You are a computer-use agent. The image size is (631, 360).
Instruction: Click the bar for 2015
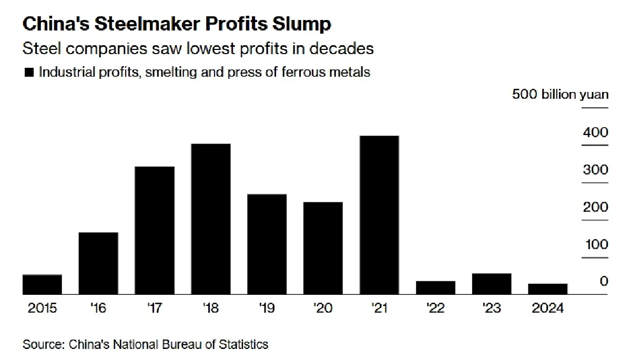tap(43, 284)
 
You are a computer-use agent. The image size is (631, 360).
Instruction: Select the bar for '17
tap(155, 231)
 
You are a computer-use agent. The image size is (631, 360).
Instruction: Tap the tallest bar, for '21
tap(379, 215)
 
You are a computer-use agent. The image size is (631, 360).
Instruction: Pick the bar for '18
tap(211, 219)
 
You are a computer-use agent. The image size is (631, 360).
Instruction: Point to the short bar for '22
tap(435, 288)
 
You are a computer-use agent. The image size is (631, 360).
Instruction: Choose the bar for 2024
tap(548, 289)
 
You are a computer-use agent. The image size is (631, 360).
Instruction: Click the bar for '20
tap(323, 249)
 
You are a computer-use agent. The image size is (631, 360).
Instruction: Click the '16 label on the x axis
tap(98, 308)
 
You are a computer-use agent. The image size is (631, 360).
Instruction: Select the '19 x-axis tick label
tap(267, 308)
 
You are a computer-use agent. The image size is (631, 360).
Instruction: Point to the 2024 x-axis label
tap(547, 308)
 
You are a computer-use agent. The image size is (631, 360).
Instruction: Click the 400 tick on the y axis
tap(595, 132)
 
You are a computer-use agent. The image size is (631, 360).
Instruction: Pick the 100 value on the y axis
tap(595, 244)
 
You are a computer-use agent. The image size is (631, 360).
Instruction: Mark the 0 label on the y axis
tap(603, 282)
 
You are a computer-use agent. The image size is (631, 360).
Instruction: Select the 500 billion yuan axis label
tap(560, 95)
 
